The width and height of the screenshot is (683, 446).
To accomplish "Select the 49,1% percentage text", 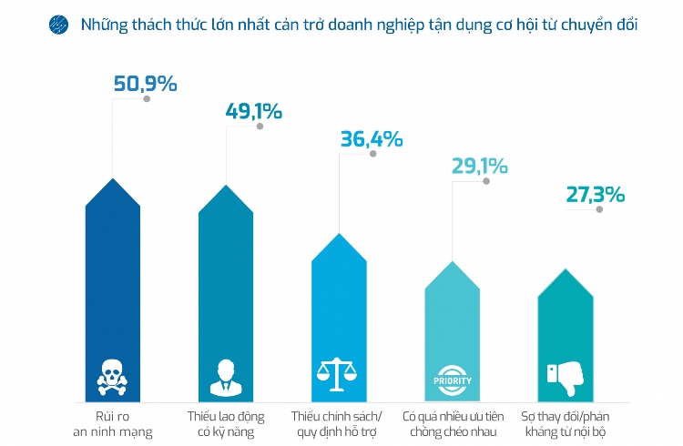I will coord(253,112).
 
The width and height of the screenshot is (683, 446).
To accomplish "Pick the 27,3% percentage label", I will coord(593,195).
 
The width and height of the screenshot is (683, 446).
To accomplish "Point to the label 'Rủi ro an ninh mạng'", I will coord(112,423).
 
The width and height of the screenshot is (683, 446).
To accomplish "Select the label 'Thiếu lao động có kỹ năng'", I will coord(225,423).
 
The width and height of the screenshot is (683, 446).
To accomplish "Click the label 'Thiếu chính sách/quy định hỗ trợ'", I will coord(339,423).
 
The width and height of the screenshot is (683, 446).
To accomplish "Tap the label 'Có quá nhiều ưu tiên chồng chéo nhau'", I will coord(452,423).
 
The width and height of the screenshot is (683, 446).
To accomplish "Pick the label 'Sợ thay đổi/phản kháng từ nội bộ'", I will coord(565,423).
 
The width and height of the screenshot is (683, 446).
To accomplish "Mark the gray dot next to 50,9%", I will coord(147,99).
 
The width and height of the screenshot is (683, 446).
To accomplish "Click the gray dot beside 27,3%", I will coord(598,209).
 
